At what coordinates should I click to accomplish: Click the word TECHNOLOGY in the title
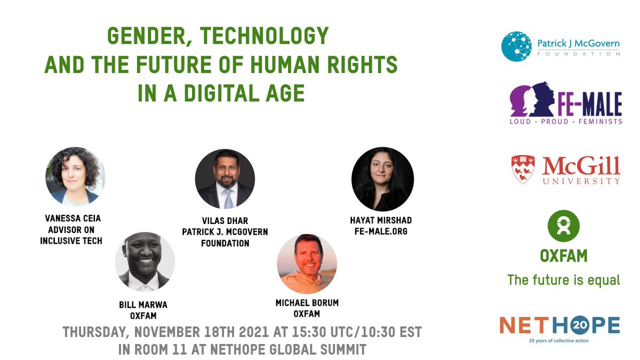265,36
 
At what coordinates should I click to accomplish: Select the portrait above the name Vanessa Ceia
75,177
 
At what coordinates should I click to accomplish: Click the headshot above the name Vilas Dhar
225,179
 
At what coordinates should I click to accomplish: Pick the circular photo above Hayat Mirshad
382,179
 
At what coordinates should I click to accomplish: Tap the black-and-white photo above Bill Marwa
145,262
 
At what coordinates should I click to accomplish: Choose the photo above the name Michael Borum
307,263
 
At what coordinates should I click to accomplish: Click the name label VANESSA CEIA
73,219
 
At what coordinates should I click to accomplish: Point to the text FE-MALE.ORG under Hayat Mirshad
381,231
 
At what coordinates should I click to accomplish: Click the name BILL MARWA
143,305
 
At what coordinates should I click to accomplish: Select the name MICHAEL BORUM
307,303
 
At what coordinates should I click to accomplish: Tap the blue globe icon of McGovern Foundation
516,46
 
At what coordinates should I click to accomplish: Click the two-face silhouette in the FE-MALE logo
533,99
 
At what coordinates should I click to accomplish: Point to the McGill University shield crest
523,169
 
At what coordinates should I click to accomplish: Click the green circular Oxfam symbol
563,226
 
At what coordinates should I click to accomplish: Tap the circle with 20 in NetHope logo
580,325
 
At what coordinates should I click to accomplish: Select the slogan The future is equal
563,280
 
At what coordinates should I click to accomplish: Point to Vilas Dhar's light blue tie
229,199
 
